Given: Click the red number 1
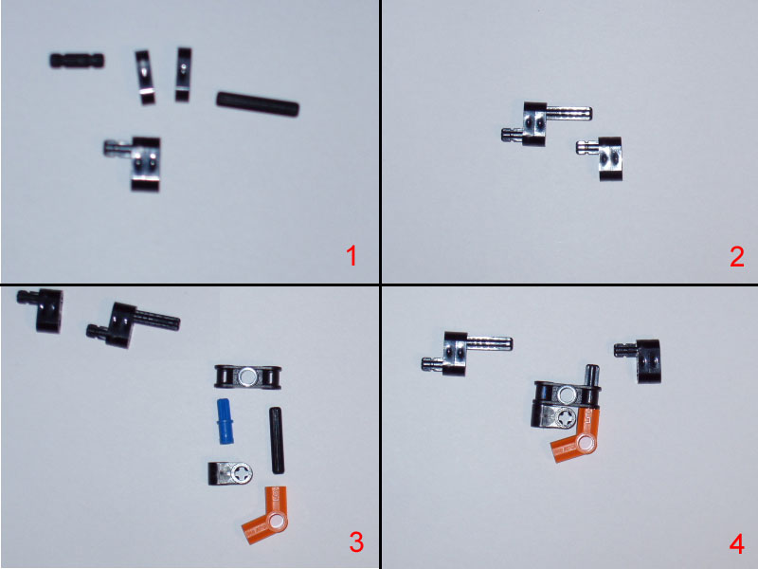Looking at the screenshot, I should pyautogui.click(x=351, y=256).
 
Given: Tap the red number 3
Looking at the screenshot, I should pyautogui.click(x=355, y=542).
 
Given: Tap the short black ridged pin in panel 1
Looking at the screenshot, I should pyautogui.click(x=77, y=61).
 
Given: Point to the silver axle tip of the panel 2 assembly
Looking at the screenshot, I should pyautogui.click(x=568, y=113).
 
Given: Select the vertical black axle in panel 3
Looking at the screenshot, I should pyautogui.click(x=277, y=440).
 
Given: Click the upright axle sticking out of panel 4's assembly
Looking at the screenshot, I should pyautogui.click(x=593, y=374).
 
